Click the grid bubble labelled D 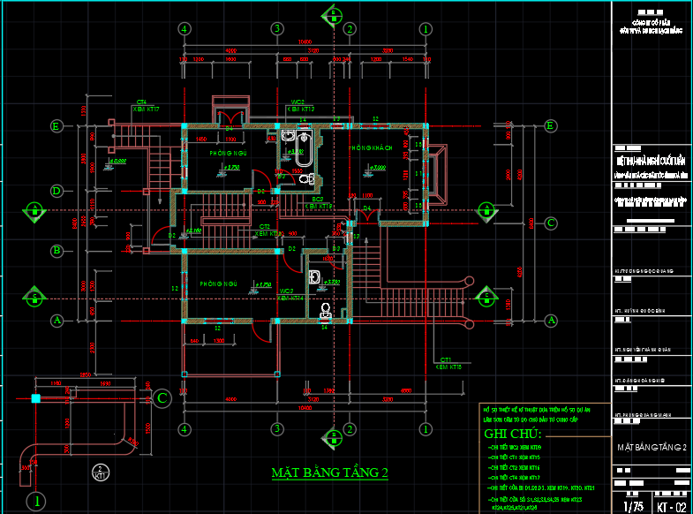(56, 190)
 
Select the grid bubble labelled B (56, 251)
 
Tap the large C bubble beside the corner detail (162, 399)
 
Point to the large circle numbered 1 (34, 502)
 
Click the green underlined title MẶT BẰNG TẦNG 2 (330, 473)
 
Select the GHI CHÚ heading (515, 435)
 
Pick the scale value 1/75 (632, 508)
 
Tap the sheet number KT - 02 (671, 508)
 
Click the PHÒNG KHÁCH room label (370, 147)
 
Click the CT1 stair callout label (447, 360)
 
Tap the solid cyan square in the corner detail (35, 399)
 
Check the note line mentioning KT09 (521, 449)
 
